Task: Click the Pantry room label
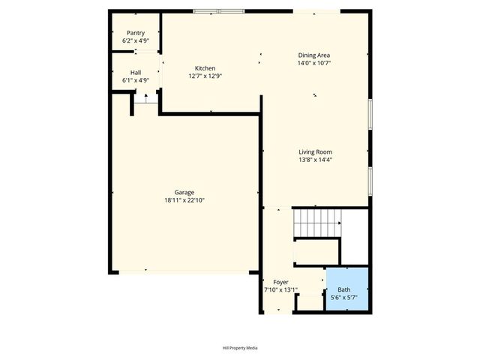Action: [x=136, y=33]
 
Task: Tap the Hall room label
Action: [x=136, y=73]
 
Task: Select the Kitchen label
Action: [x=205, y=68]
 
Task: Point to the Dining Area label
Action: [x=314, y=55]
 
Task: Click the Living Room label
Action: [x=315, y=151]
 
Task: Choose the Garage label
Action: [x=184, y=193]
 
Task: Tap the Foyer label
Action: [x=280, y=282]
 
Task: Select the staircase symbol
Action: [x=316, y=222]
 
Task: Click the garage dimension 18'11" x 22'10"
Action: [x=184, y=200]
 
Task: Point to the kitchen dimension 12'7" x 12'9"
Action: [x=205, y=76]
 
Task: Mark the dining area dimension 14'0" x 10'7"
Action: [x=314, y=63]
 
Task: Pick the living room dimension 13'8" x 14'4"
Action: [x=315, y=159]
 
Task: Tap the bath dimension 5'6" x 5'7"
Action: [x=343, y=298]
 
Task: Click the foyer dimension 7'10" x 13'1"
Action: [x=280, y=289]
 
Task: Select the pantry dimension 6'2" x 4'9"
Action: [x=136, y=40]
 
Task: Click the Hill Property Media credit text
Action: [x=240, y=348]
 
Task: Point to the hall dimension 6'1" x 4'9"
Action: [x=136, y=80]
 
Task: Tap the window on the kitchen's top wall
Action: [x=218, y=11]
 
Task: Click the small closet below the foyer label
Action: [x=309, y=302]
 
